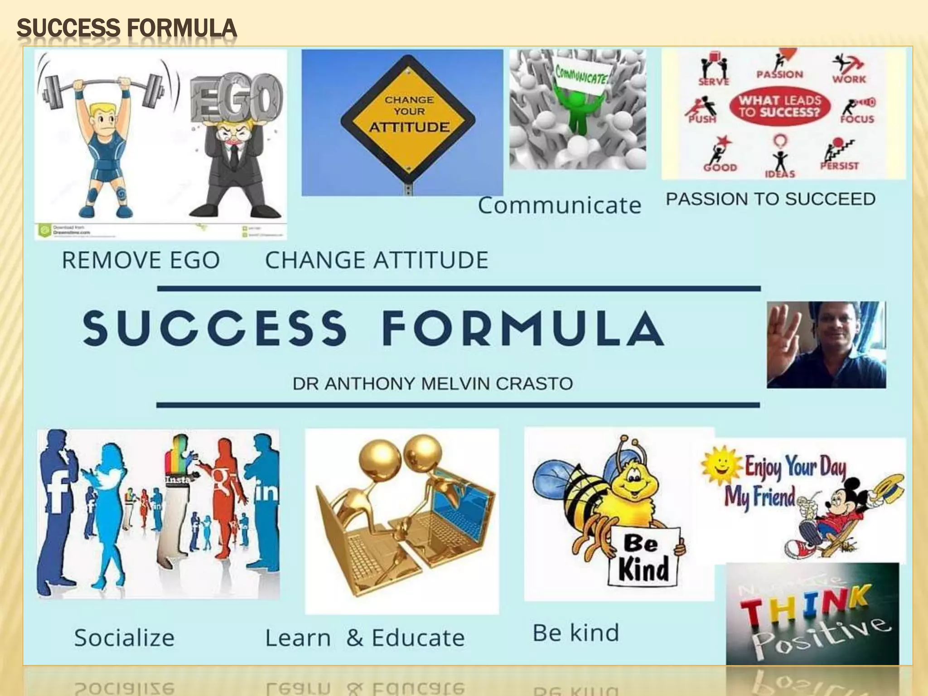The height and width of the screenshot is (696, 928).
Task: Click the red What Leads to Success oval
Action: point(780,106)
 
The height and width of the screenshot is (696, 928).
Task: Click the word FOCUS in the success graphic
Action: point(857,119)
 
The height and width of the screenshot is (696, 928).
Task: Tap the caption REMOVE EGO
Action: point(141,261)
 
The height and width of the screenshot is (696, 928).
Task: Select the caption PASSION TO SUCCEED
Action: point(770,199)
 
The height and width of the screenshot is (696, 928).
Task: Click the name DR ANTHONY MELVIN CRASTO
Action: point(432,384)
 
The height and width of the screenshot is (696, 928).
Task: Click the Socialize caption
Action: point(125,638)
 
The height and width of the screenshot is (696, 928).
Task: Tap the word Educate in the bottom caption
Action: point(418,638)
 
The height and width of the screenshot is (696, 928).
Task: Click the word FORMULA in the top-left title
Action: point(181,28)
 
